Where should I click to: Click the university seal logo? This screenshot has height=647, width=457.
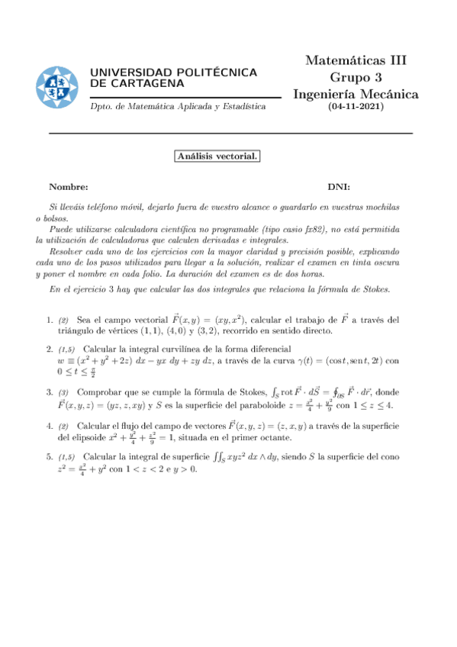59,87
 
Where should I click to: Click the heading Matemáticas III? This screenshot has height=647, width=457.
356,60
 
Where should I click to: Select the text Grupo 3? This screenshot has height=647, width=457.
356,77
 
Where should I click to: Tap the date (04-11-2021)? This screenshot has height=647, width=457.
356,106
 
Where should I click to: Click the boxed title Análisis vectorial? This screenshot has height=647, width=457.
218,156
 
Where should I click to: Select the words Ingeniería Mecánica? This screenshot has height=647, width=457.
356,94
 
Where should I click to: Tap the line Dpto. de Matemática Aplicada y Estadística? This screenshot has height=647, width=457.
178,106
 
